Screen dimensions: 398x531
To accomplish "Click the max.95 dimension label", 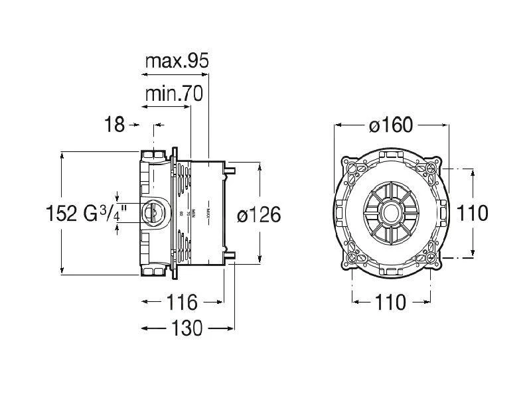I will click(x=177, y=61).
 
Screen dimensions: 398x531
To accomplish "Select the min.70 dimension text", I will click(x=173, y=95).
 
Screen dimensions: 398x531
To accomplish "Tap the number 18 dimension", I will click(x=115, y=124).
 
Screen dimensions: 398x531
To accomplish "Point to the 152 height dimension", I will click(x=63, y=214).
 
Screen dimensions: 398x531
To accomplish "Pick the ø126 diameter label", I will click(x=259, y=214).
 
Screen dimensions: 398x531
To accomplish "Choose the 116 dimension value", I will click(x=182, y=302).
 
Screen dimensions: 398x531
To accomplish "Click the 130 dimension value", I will click(x=189, y=328).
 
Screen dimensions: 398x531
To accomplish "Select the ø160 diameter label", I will click(x=392, y=125).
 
